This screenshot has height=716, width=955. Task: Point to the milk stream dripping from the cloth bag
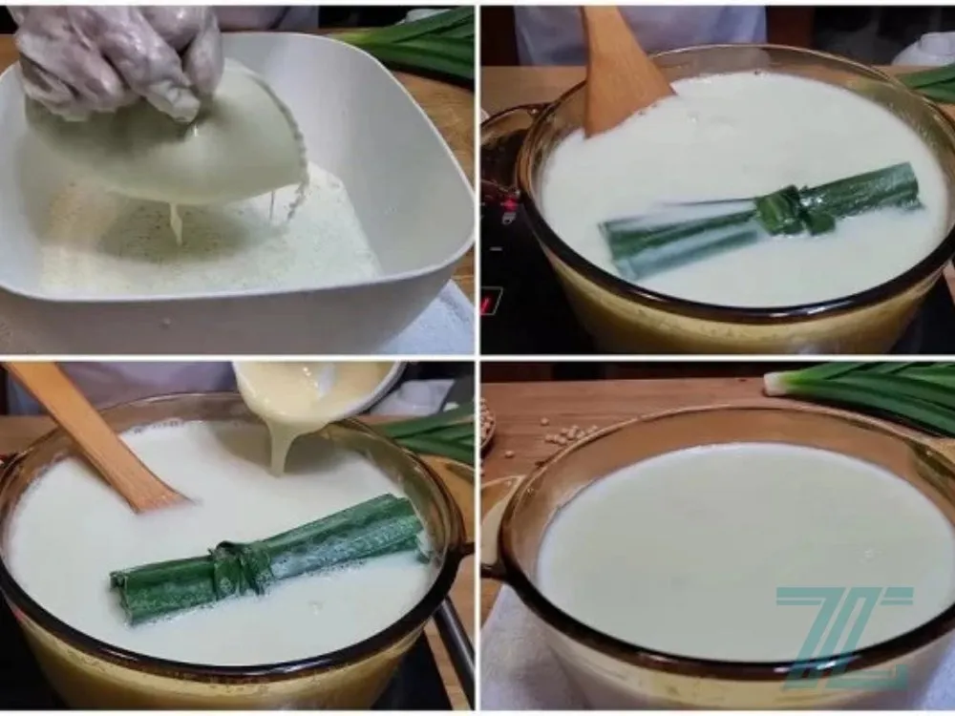click(x=177, y=221)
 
